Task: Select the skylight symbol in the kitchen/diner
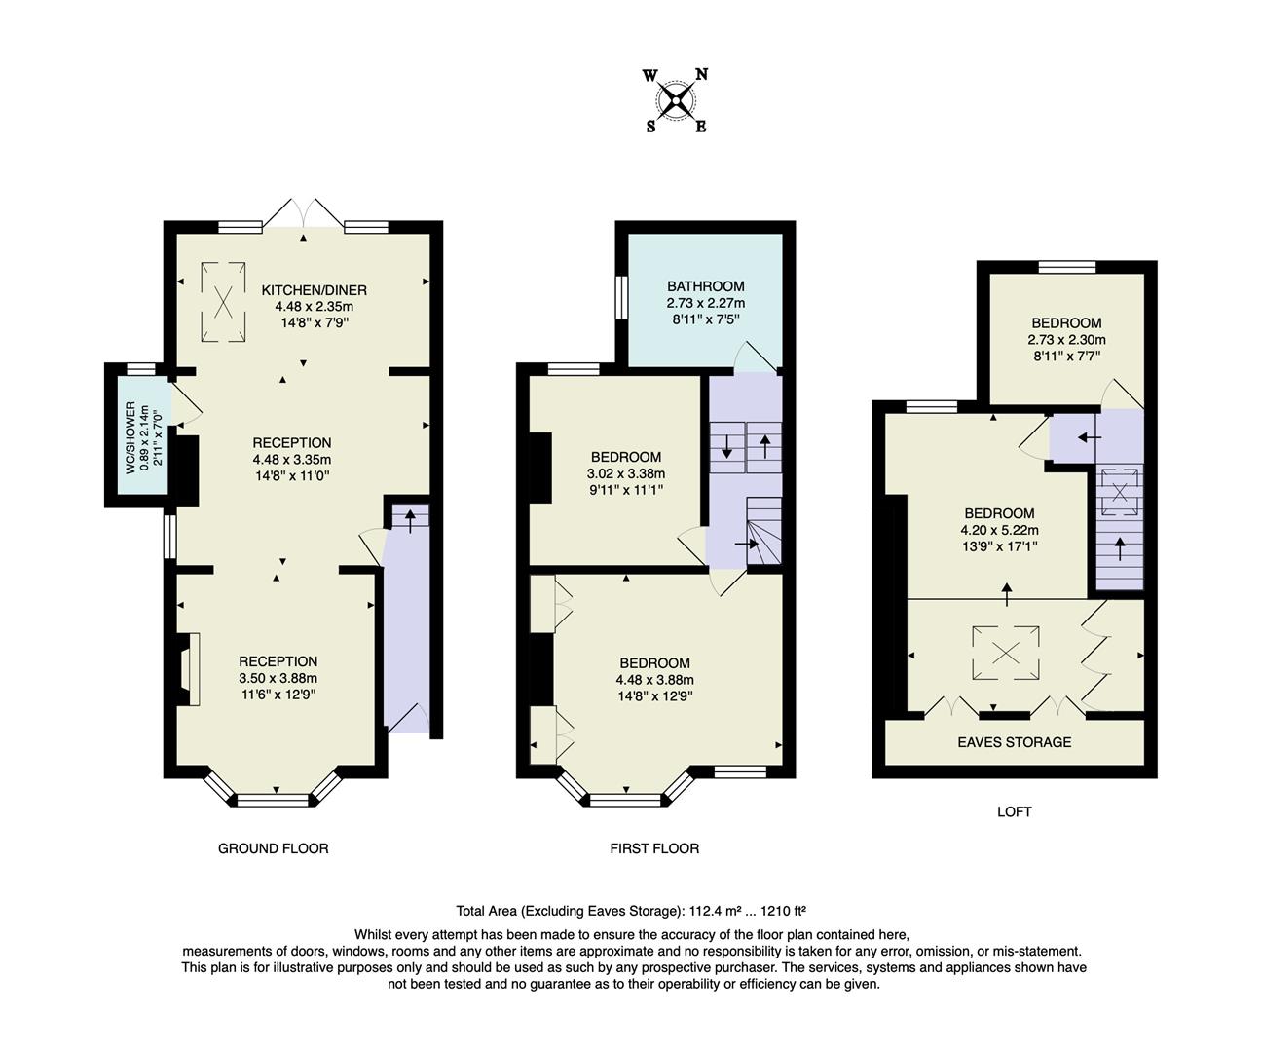coord(224,302)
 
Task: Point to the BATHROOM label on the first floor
coord(705,286)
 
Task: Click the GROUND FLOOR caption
coord(273,848)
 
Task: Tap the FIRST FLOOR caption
coord(654,848)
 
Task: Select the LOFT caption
coord(1014,811)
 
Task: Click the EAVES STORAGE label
coord(1014,742)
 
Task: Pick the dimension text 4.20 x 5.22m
coord(999,531)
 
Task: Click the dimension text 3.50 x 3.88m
coord(278,679)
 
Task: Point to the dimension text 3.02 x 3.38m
coord(625,474)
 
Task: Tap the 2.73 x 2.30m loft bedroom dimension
coord(1066,341)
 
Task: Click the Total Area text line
coord(631,912)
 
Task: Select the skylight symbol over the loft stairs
coord(1120,493)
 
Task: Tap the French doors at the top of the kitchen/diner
coord(303,212)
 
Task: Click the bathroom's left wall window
coord(619,296)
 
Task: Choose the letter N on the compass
coord(701,75)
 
